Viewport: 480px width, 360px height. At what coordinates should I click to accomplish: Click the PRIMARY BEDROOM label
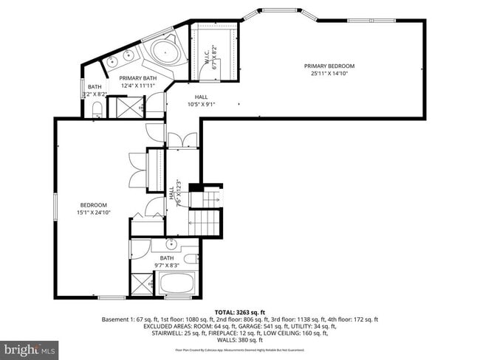[x=329, y=66]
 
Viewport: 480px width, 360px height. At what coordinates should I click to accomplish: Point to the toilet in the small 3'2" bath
[x=97, y=111]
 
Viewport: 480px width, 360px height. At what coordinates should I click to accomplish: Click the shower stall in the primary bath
[x=118, y=108]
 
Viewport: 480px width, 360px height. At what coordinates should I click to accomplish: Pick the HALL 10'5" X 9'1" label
[x=201, y=97]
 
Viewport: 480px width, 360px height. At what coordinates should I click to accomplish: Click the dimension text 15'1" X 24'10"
[x=94, y=212]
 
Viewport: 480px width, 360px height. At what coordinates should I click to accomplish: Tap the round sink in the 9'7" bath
[x=171, y=243]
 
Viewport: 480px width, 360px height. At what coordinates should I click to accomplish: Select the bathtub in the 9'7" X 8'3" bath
[x=178, y=283]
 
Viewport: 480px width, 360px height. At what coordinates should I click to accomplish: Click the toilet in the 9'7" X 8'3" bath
[x=189, y=258]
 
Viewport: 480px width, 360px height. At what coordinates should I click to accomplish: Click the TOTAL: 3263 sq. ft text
[x=239, y=312]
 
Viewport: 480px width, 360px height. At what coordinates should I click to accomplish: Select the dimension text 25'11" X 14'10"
[x=329, y=74]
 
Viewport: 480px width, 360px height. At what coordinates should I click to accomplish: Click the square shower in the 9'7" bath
[x=142, y=283]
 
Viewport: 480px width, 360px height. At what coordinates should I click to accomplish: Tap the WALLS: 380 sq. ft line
[x=239, y=341]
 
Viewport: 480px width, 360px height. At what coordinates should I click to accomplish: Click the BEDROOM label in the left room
[x=94, y=205]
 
